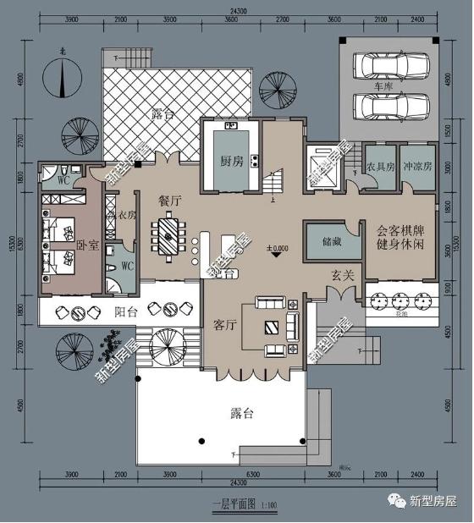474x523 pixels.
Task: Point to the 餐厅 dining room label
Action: point(170,201)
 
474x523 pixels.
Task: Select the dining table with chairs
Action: point(169,236)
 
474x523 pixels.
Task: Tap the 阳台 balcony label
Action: point(126,311)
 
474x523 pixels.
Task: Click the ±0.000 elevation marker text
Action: point(278,249)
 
